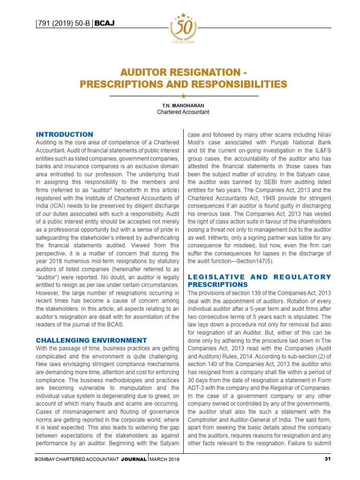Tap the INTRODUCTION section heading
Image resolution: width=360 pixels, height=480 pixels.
pyautogui.click(x=65, y=135)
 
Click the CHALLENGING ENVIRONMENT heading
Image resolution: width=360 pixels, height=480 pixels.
pyautogui.click(x=91, y=340)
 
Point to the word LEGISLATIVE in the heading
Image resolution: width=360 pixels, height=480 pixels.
pyautogui.click(x=216, y=277)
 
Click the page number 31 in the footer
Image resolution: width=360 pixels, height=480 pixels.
pyautogui.click(x=328, y=459)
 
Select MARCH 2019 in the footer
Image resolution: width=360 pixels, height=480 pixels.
pyautogui.click(x=165, y=459)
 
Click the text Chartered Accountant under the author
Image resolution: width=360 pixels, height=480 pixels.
pyautogui.click(x=183, y=112)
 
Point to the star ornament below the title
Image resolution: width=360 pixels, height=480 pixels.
pyautogui.click(x=183, y=96)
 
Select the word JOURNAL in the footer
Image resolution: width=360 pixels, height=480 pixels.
pyautogui.click(x=134, y=459)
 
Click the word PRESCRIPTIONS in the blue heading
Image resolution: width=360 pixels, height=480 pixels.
pyautogui.click(x=218, y=285)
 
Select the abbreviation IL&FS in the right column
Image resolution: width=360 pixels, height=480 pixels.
pyautogui.click(x=322, y=150)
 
